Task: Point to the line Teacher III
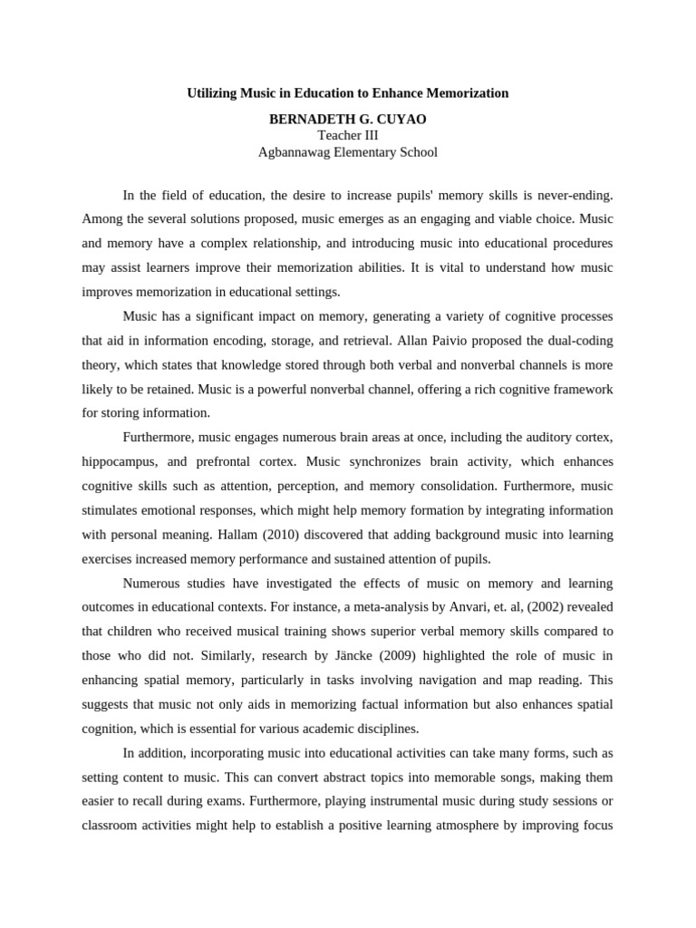click(348, 135)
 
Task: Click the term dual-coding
click(575, 341)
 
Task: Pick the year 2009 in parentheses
click(393, 655)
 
